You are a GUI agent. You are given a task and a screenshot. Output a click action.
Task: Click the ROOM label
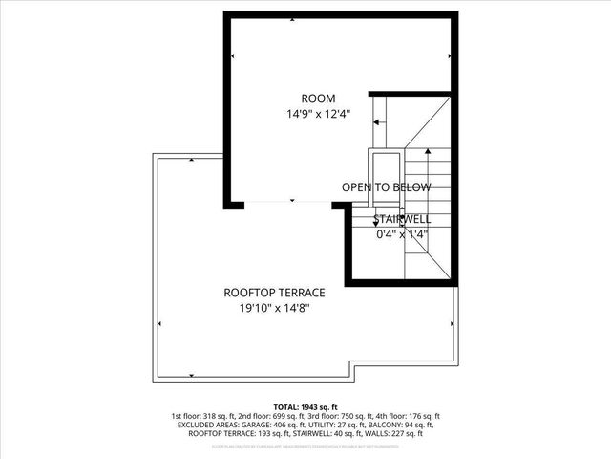pos(318,98)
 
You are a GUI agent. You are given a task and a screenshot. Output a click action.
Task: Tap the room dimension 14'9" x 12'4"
pos(318,113)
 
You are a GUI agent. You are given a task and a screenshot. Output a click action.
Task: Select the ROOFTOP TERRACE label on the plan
pos(274,293)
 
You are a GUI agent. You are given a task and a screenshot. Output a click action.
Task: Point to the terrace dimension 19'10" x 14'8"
pos(274,308)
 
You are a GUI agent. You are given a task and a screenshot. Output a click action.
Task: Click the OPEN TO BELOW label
pos(386,187)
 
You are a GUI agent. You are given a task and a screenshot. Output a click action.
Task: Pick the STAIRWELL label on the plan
pos(402,219)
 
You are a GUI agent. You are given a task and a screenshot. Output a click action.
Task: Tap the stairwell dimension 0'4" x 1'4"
pos(400,233)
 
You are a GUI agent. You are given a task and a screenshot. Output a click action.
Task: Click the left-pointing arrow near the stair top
pos(381,122)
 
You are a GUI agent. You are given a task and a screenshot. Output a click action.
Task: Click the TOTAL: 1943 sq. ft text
pos(305,407)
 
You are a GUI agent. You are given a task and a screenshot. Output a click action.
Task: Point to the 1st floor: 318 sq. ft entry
pos(204,416)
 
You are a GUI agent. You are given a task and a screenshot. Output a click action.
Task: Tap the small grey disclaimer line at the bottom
pos(305,446)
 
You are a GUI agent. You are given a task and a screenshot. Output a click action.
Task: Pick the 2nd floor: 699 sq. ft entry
pos(271,416)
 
